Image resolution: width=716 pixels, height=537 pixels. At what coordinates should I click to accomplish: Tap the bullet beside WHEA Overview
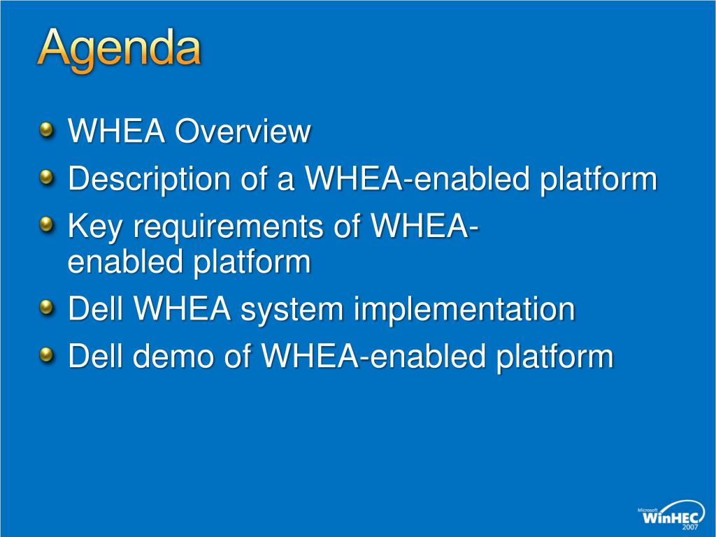46,131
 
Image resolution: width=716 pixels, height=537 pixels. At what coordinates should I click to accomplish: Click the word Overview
243,131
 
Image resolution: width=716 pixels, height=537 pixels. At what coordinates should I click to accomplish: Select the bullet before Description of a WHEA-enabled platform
46,178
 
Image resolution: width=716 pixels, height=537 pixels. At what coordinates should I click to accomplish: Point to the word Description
149,178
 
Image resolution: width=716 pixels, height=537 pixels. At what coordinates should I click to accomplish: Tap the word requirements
228,226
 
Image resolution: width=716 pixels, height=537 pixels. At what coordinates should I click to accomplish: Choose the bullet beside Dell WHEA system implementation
46,308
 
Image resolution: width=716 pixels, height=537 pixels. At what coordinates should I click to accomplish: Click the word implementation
464,310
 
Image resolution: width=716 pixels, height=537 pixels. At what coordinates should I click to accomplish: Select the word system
292,310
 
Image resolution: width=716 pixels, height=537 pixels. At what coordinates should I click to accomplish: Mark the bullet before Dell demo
46,355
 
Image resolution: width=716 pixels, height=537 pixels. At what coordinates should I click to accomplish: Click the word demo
173,356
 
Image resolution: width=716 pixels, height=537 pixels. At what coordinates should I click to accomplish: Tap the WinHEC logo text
671,517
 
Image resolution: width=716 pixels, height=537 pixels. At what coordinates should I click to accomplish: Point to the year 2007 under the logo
690,527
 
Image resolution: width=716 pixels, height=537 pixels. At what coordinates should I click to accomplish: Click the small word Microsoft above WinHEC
647,510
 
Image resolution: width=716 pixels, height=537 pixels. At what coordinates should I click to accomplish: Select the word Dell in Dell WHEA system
95,308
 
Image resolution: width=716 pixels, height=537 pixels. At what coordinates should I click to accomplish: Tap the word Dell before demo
95,356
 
